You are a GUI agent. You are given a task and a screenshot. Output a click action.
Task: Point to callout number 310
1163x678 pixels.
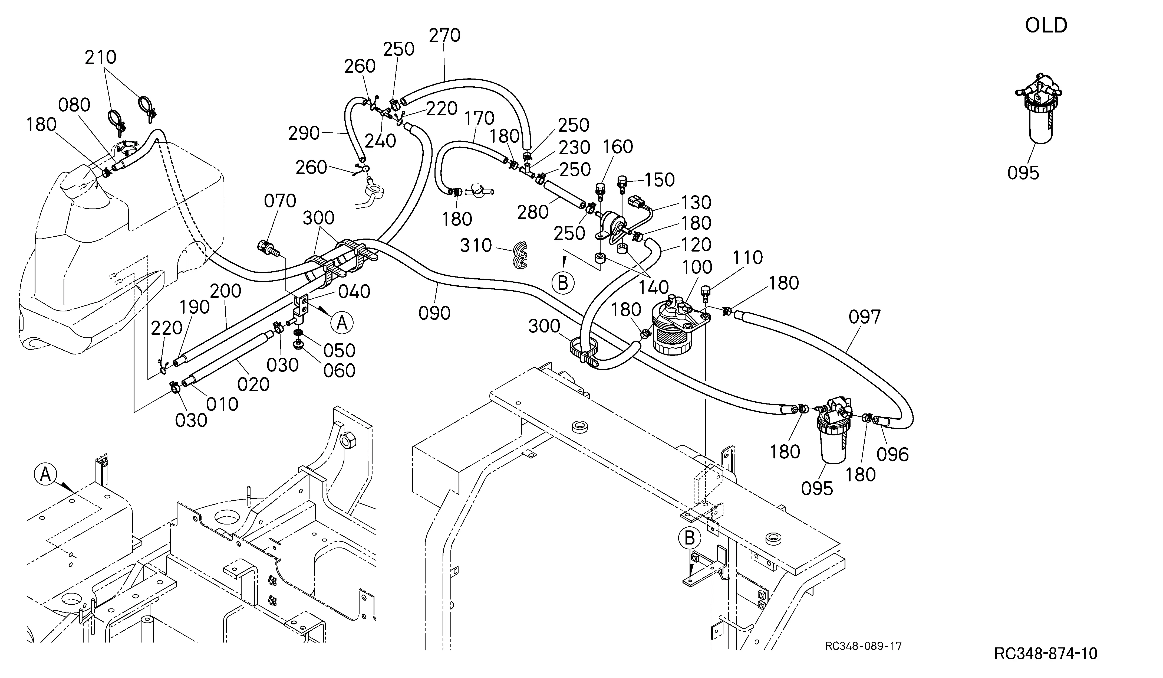tap(476, 245)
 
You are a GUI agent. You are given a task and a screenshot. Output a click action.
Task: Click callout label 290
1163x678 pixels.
tap(304, 133)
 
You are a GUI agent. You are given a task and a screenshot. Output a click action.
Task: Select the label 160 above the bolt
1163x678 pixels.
tap(618, 147)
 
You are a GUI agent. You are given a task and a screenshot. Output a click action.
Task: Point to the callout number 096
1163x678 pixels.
tap(892, 455)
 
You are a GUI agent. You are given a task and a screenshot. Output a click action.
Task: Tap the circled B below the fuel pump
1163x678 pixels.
tap(563, 283)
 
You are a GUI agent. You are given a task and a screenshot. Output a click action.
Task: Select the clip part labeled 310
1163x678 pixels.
tap(518, 255)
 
